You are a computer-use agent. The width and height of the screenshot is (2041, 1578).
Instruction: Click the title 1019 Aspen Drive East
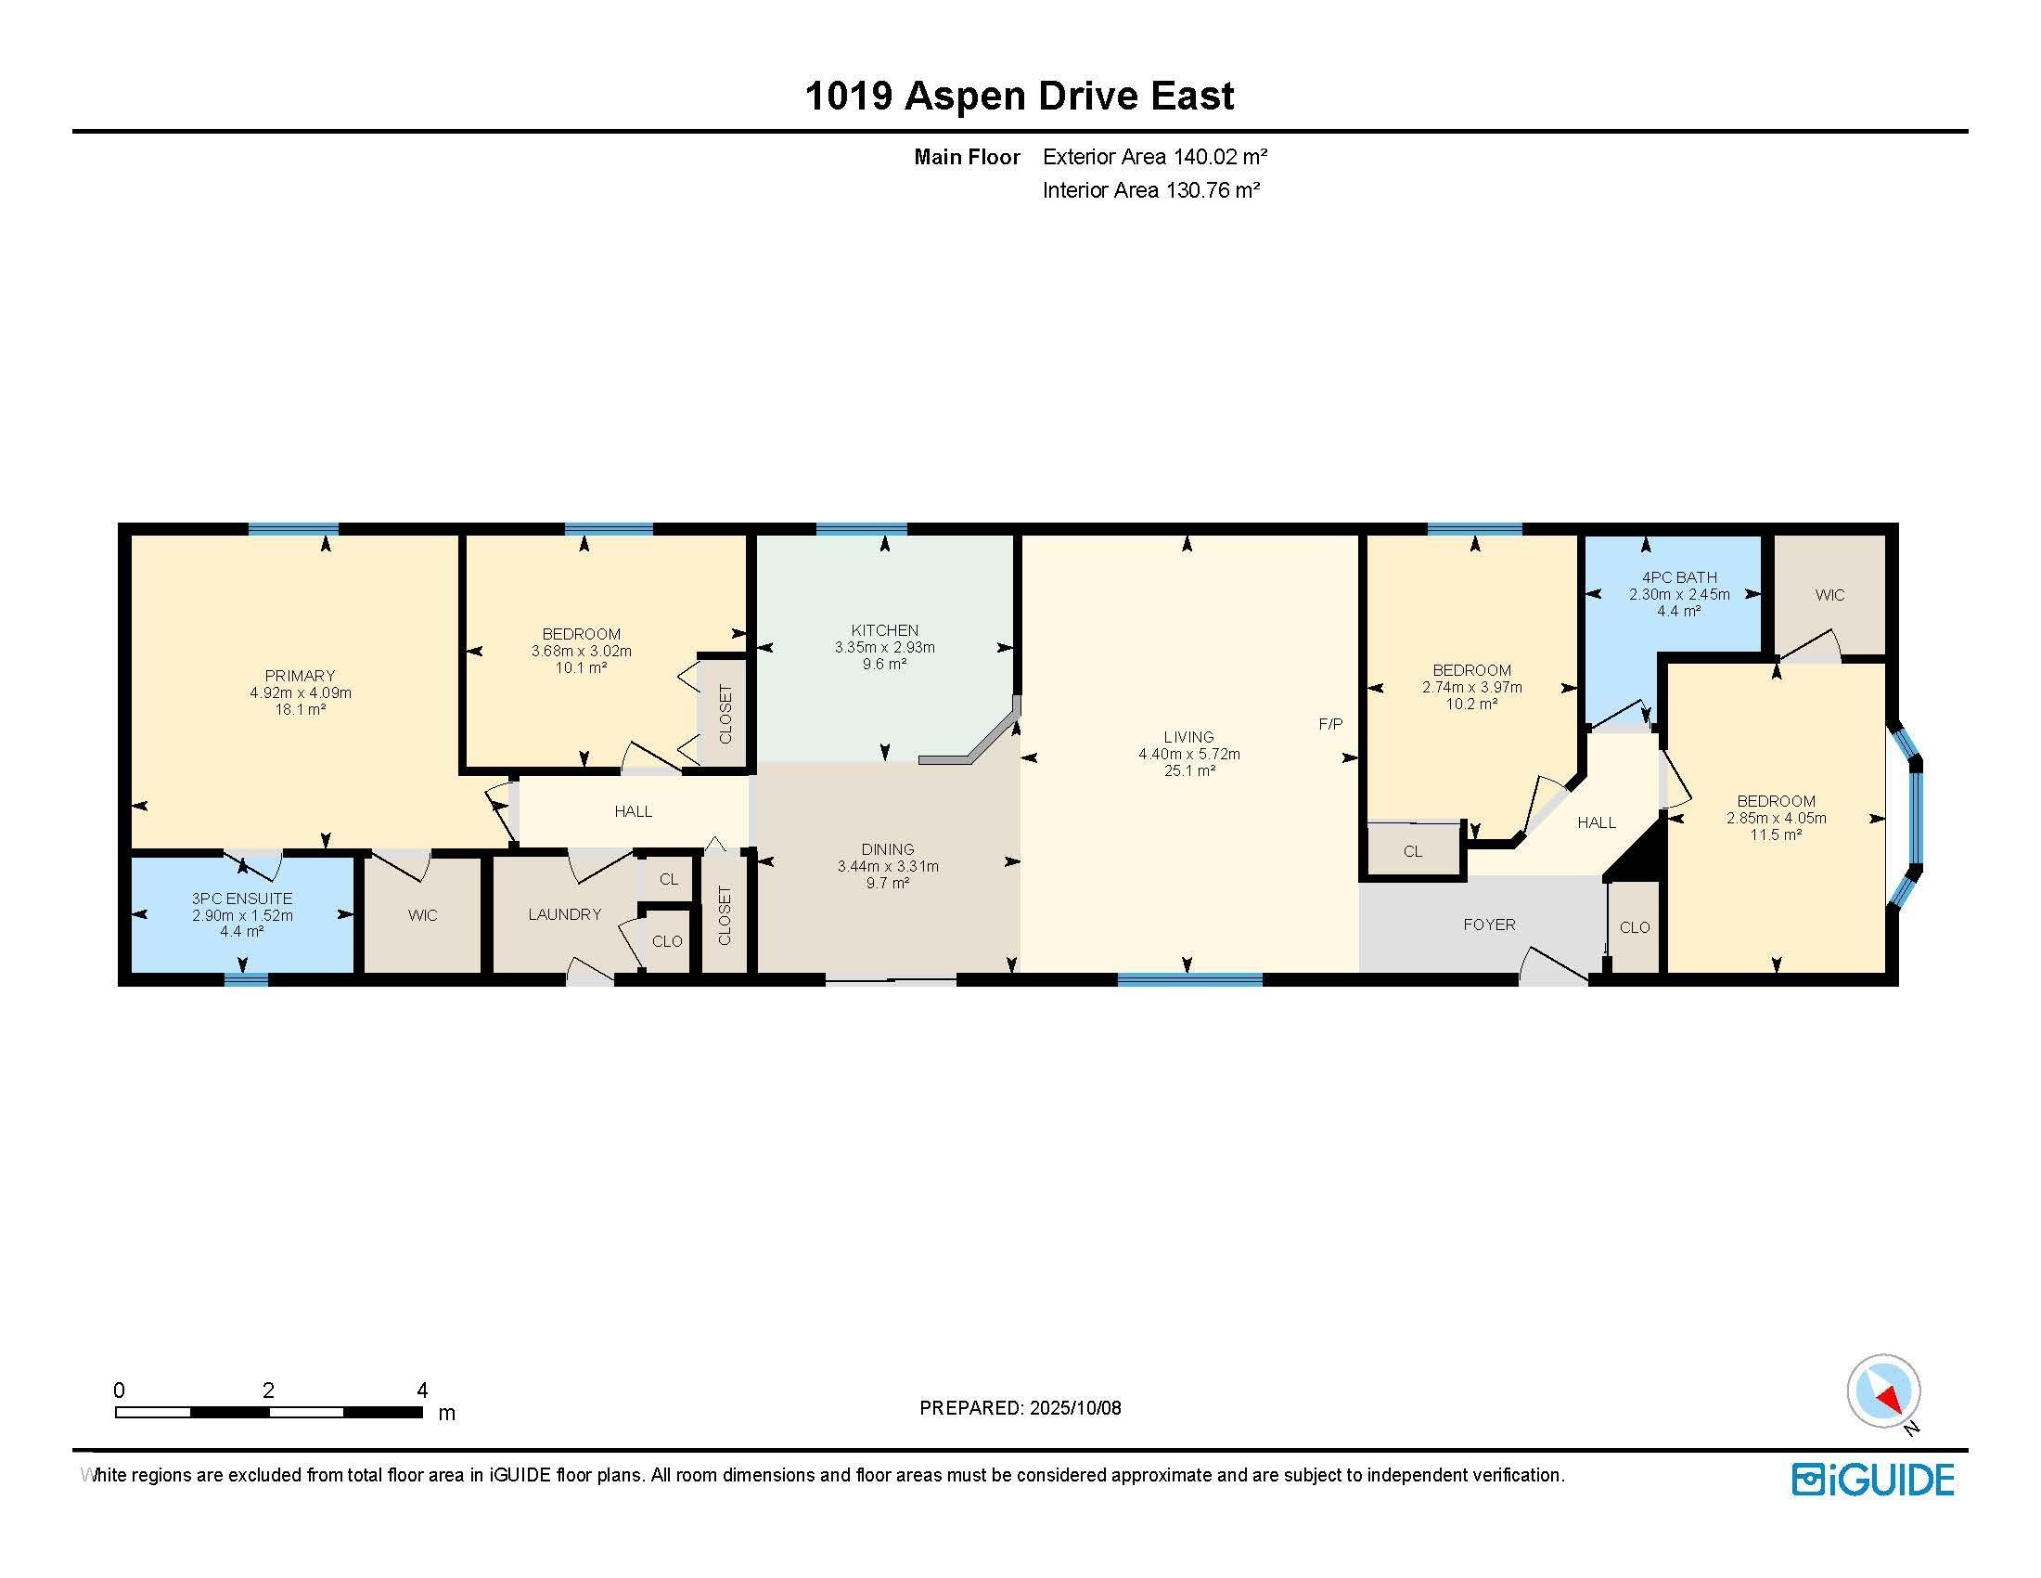click(x=1020, y=97)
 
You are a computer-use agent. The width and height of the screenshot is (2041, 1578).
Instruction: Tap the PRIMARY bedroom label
click(x=300, y=676)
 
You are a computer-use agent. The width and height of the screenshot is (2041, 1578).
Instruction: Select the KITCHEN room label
click(x=885, y=631)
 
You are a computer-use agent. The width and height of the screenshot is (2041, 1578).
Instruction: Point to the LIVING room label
click(x=1188, y=738)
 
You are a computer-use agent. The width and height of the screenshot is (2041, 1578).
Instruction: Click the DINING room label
click(x=888, y=849)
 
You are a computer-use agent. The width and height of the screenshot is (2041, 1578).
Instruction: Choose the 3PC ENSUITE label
click(x=242, y=899)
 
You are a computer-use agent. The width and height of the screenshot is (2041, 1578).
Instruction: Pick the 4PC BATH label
click(x=1679, y=577)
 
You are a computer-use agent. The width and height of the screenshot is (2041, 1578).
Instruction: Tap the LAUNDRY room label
click(x=564, y=914)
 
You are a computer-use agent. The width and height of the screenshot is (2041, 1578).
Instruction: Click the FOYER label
click(x=1490, y=925)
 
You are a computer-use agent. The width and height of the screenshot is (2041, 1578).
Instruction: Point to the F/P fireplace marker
click(x=1330, y=725)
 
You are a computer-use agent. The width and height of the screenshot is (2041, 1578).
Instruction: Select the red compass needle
click(x=1891, y=1400)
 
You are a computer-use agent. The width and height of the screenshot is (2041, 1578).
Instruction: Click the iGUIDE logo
click(x=1873, y=1480)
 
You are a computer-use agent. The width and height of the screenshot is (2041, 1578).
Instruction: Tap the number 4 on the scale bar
click(x=421, y=1390)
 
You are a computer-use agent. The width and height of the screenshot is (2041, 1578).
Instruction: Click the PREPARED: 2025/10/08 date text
click(x=1020, y=1408)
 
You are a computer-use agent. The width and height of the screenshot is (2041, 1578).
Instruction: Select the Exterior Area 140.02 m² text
click(x=1155, y=157)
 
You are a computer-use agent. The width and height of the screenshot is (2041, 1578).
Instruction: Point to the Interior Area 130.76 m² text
click(x=1151, y=190)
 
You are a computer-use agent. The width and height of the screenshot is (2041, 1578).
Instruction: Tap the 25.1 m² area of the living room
click(x=1188, y=771)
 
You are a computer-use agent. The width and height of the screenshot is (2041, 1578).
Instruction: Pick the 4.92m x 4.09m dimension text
click(x=300, y=692)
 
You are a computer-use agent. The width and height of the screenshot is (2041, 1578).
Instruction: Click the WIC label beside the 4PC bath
click(x=1829, y=595)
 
